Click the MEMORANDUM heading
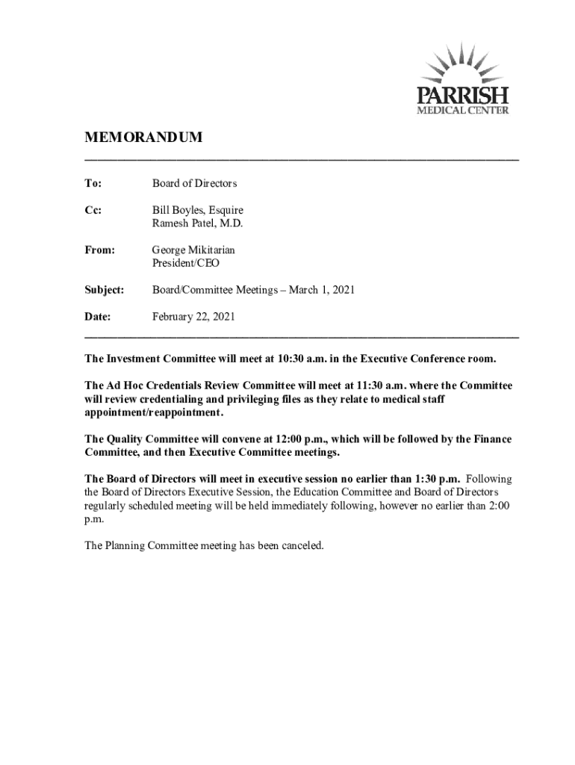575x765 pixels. pyautogui.click(x=143, y=139)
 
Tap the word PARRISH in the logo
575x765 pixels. pyautogui.click(x=462, y=96)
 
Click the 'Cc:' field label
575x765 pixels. pyautogui.click(x=93, y=211)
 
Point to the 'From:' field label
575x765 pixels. pyautogui.click(x=99, y=250)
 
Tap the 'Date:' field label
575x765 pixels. pyautogui.click(x=97, y=317)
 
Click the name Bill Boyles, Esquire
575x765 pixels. pyautogui.click(x=198, y=211)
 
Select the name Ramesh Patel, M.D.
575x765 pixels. pyautogui.click(x=198, y=223)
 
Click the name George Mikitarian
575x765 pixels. pyautogui.click(x=193, y=250)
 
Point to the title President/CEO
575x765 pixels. pyautogui.click(x=186, y=263)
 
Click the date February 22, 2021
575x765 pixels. pyautogui.click(x=194, y=317)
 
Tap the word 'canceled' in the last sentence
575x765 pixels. pyautogui.click(x=301, y=545)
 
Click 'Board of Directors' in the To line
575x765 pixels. pyautogui.click(x=195, y=183)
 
